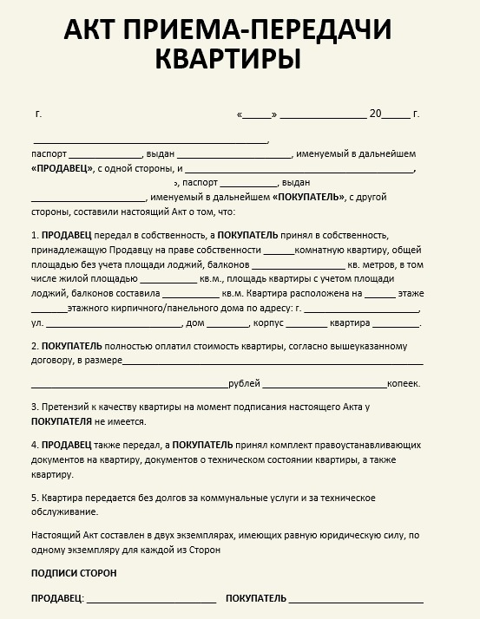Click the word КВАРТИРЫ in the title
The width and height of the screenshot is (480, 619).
pos(228,59)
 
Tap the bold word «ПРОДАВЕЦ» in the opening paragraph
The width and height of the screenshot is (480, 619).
pos(62,169)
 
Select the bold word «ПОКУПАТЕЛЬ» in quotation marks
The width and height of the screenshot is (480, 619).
pos(309,197)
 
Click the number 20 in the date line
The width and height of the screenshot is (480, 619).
pos(375,114)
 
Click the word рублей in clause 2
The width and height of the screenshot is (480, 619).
pos(243,383)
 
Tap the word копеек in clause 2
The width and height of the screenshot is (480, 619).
pos(404,383)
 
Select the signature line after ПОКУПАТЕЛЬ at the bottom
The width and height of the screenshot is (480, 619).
pos(356,599)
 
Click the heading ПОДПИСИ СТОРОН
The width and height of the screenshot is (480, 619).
pos(74,574)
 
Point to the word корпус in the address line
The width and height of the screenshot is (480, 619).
pos(267,323)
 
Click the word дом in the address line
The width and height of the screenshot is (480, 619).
pos(194,323)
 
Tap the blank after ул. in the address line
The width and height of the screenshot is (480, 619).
pos(113,324)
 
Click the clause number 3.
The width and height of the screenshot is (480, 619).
pos(34,407)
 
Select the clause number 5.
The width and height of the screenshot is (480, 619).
pos(34,498)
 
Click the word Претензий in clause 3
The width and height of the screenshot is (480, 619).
pos(66,407)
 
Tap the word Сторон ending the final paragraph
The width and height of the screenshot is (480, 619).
pos(201,550)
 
